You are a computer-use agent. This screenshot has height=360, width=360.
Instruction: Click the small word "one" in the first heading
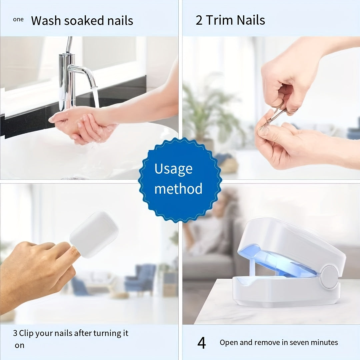tap(18, 19)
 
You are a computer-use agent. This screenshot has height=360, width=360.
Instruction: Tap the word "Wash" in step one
tap(46, 21)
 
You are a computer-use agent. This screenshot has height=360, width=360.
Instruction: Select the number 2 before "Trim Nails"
tap(199, 20)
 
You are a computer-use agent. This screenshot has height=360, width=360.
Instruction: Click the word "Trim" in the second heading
tap(219, 20)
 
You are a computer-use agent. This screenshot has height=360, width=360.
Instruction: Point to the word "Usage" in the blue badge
tap(173, 169)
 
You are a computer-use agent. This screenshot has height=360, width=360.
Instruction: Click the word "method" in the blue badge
tap(178, 189)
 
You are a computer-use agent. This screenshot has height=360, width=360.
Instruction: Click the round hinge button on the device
tap(329, 277)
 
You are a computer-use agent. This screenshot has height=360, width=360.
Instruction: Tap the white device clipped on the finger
tap(94, 234)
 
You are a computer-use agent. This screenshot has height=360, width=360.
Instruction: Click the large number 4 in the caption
tap(202, 343)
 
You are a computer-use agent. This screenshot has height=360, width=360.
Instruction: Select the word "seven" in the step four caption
tap(301, 342)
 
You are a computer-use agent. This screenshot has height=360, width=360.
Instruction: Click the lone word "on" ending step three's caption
tap(20, 345)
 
